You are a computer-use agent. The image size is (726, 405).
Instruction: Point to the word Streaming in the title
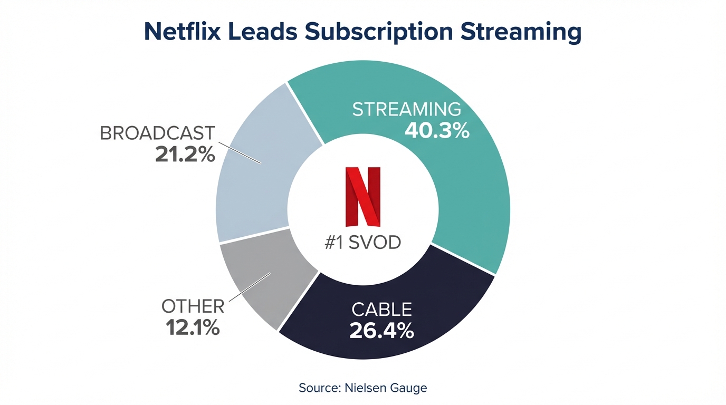coord(521,32)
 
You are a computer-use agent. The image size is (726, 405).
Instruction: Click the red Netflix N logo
coord(363,197)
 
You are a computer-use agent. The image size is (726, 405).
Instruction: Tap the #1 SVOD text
coord(363,243)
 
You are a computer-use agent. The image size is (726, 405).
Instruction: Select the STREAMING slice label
coord(406,110)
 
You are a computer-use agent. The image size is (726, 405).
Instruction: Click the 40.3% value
coord(437,131)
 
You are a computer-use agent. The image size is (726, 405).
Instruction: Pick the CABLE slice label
coord(381,310)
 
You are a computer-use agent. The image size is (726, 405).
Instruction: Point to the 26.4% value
coord(381,331)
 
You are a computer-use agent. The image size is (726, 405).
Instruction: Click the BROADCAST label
coord(157,133)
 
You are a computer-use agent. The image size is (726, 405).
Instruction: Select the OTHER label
coord(193,306)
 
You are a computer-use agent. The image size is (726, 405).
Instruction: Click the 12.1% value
coord(193,327)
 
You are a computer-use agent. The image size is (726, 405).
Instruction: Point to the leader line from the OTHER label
coord(249,287)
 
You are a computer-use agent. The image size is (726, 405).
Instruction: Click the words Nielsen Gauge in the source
coord(386,388)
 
